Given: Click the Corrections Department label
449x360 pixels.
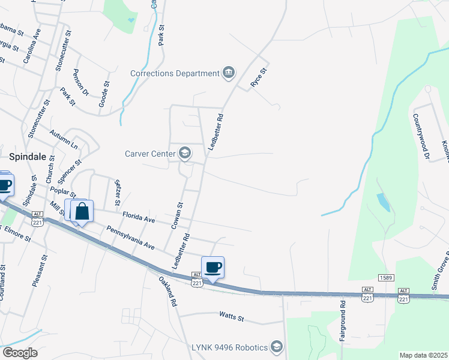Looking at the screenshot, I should coord(175,73).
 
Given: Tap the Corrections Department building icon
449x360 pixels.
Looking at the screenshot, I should coord(228,73).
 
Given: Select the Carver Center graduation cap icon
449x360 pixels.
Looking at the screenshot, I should coord(185,153).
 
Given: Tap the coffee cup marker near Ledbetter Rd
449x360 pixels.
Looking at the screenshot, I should coord(212,266).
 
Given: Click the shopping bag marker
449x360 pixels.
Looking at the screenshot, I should coord(82,211).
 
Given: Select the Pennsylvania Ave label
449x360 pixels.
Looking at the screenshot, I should coord(130,238).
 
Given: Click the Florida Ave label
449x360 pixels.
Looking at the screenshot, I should coord(138,217).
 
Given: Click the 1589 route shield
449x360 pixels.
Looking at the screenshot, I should coord(385,277).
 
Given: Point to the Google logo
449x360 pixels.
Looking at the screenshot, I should coord(20,353).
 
